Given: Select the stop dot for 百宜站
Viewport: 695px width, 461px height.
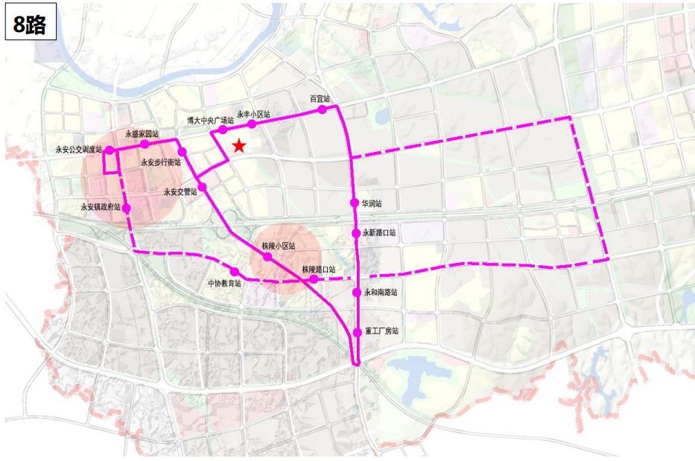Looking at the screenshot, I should click(323, 109).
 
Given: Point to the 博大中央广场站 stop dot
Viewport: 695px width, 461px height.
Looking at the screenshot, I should click(223, 130).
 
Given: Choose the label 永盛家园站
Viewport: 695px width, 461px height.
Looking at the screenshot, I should click(142, 133).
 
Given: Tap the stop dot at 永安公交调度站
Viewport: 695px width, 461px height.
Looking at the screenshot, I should click(110, 150).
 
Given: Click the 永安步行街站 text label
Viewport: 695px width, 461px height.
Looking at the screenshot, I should click(161, 162).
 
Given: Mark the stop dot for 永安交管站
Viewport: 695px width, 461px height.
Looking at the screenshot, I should click(202, 186).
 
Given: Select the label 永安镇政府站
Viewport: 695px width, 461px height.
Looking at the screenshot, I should click(101, 208).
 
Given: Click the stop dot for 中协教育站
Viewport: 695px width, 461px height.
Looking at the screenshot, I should click(235, 272).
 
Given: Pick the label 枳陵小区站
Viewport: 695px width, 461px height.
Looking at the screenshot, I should click(279, 245).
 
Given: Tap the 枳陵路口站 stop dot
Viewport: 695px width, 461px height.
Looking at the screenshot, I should click(314, 279).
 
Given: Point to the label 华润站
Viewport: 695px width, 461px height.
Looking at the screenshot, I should click(372, 203).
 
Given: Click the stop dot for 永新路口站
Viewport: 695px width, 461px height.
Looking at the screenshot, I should click(356, 232).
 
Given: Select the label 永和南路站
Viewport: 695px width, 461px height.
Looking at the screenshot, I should click(381, 292).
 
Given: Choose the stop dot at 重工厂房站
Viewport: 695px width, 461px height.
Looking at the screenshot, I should click(357, 332).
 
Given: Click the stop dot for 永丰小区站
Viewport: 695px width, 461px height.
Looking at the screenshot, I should click(253, 124).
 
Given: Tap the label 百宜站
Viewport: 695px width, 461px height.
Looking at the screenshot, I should click(320, 98).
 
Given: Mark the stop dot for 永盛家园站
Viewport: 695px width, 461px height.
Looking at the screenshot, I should click(145, 143).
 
